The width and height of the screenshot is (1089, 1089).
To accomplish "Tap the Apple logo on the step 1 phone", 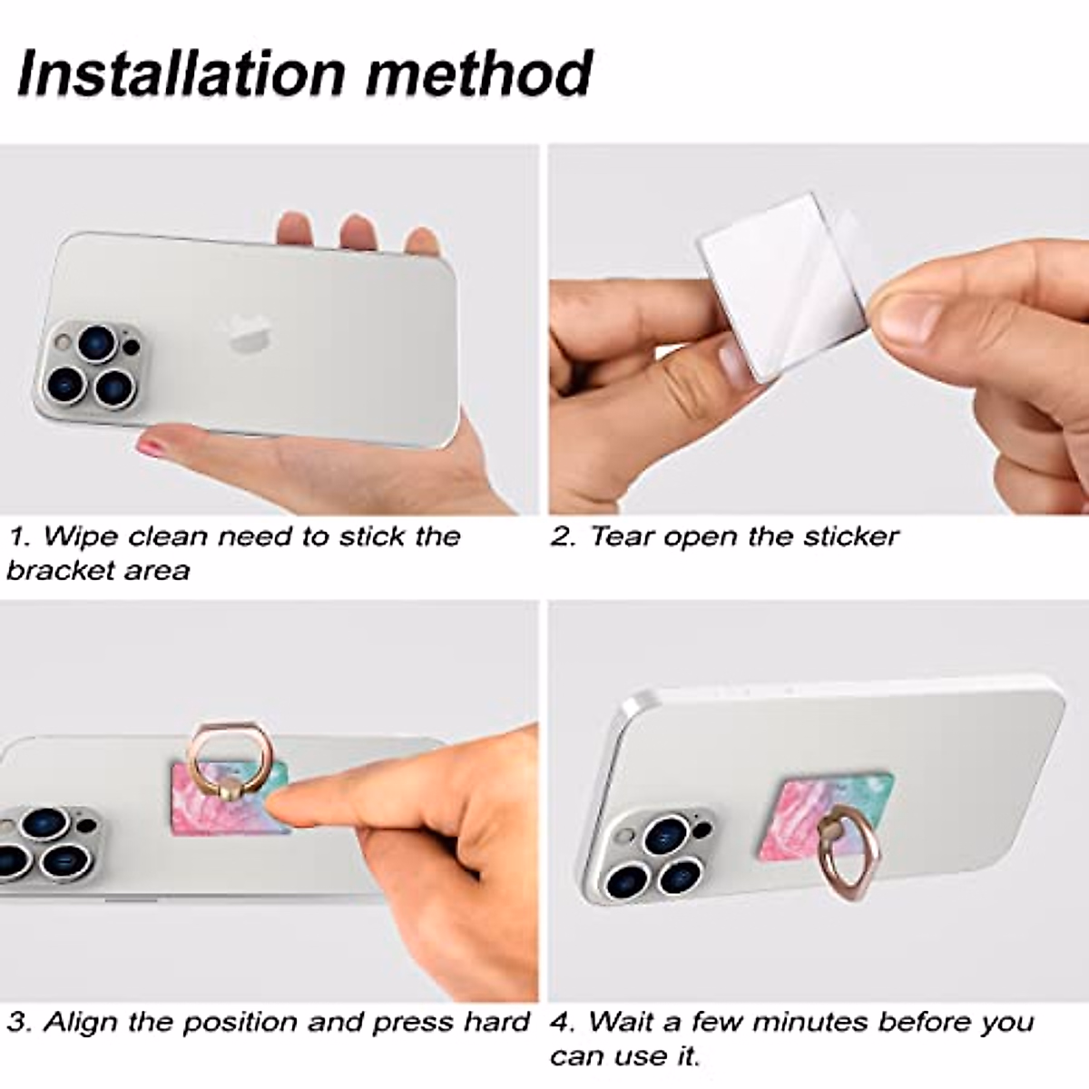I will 246,334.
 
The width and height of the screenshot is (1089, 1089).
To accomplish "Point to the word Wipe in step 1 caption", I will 81,536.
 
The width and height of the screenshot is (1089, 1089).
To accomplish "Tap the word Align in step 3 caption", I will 81,1022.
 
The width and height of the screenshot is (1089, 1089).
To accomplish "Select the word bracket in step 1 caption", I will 57,571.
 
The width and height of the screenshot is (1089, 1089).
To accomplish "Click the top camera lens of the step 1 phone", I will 96,344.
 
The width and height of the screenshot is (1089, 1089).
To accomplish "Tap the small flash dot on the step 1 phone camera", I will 132,347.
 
